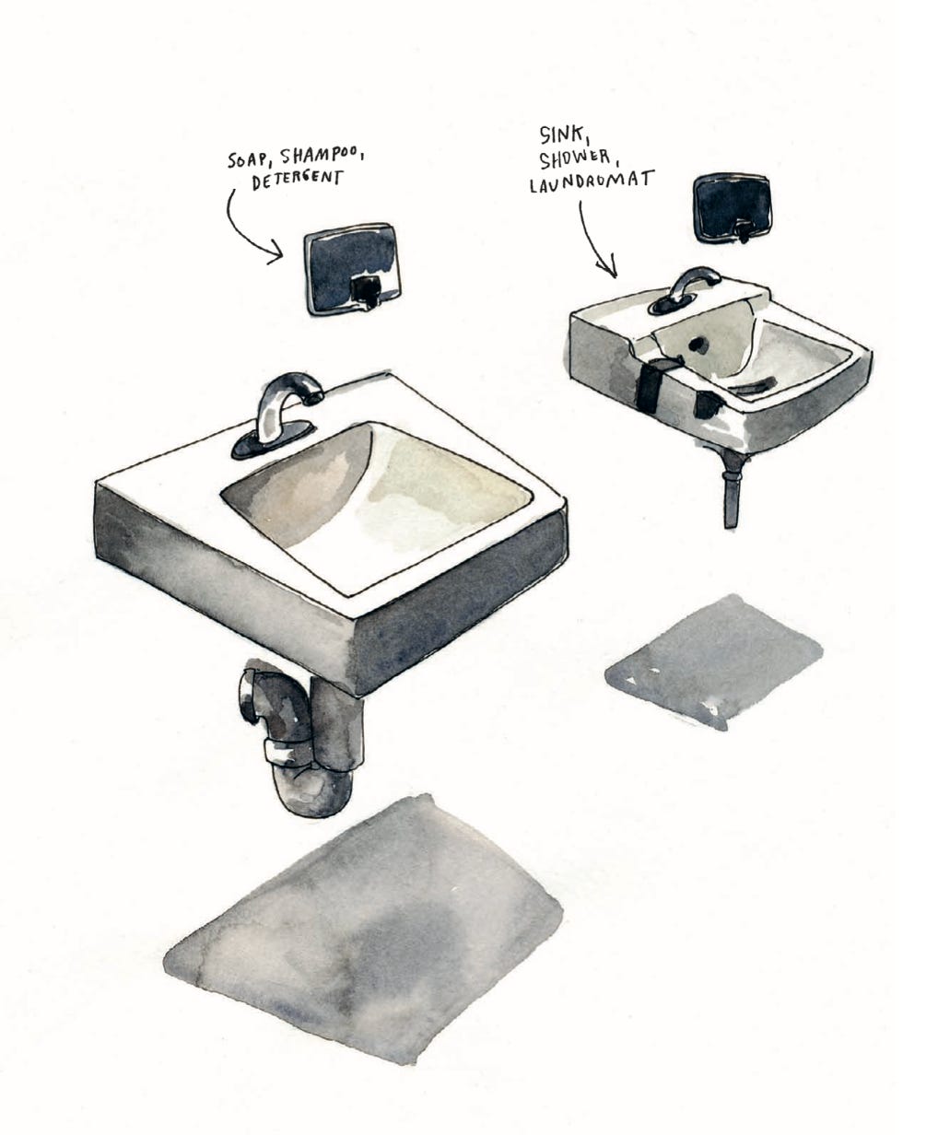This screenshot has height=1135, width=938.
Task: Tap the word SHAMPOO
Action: point(322,157)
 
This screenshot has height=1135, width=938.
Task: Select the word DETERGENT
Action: point(297,180)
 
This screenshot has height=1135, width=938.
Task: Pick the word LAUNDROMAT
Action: point(592,181)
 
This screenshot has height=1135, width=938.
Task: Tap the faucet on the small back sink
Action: point(692,285)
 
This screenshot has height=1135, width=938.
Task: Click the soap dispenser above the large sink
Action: point(354,268)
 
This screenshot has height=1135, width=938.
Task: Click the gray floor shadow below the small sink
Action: point(713,661)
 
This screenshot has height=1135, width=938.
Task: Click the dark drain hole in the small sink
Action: point(696,344)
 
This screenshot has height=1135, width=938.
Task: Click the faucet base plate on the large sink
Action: point(273,438)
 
